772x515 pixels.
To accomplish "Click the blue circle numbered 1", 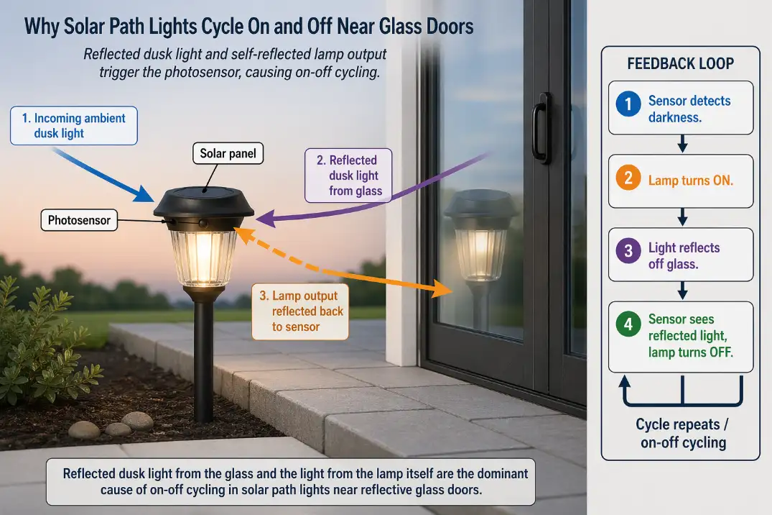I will tap(628, 105).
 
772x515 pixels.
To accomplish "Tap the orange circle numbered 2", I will tap(628, 178).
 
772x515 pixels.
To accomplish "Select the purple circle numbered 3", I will tap(628, 251).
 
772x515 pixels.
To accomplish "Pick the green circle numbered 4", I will tap(628, 325).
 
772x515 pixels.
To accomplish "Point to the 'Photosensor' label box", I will tap(79, 220).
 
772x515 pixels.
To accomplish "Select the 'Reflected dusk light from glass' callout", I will tap(348, 175).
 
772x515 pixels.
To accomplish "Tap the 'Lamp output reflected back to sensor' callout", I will tap(300, 311).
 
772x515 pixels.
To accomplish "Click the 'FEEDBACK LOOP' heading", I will tap(680, 63).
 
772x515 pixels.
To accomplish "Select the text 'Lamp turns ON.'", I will tap(690, 181).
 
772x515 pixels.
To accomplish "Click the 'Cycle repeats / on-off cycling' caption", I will tap(682, 433).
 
